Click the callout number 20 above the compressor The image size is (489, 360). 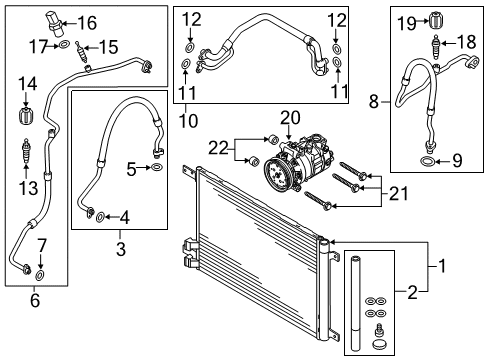tap(290, 118)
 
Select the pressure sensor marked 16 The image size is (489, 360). tap(54, 22)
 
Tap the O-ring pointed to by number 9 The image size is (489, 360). tap(428, 162)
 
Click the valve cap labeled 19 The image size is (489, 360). tap(435, 21)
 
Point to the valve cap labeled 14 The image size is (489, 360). tap(26, 115)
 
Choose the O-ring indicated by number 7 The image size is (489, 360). tap(40, 275)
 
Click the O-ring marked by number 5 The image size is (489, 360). tap(157, 167)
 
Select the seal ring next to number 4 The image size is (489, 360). tap(100, 218)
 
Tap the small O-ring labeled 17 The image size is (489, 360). tap(64, 45)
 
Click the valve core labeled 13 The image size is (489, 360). tap(25, 152)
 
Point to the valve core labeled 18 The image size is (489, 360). tap(436, 47)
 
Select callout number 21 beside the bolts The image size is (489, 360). tap(399, 193)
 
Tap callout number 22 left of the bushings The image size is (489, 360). tap(218, 148)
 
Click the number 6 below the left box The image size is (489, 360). tap(35, 300)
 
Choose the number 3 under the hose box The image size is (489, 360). tap(121, 249)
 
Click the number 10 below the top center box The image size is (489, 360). tap(188, 120)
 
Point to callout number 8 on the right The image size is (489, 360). tap(374, 101)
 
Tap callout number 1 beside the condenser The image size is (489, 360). tap(442, 266)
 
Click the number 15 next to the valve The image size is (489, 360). tap(108, 47)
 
